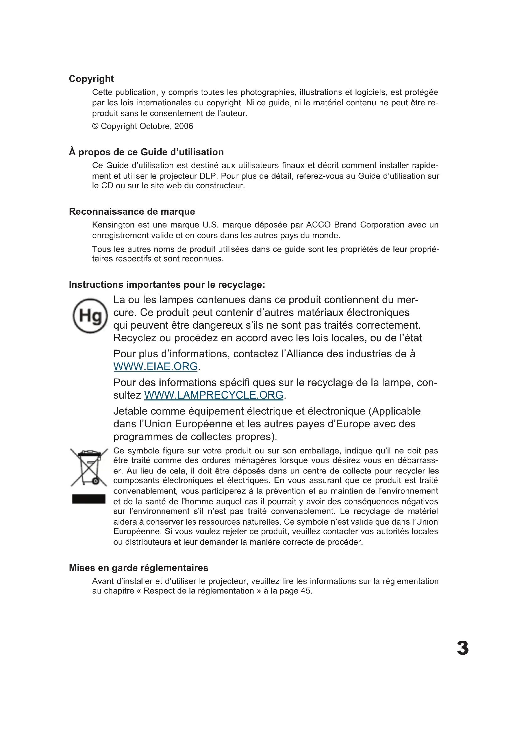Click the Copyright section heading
(x=91, y=79)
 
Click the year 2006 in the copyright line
(x=184, y=126)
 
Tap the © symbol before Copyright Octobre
(x=95, y=126)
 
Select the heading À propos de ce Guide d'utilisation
(x=146, y=152)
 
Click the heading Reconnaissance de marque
(x=132, y=211)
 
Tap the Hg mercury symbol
(x=90, y=316)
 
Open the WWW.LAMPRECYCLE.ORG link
(x=213, y=395)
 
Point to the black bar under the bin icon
(x=88, y=499)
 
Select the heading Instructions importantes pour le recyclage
(x=167, y=285)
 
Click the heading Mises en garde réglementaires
(x=138, y=568)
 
